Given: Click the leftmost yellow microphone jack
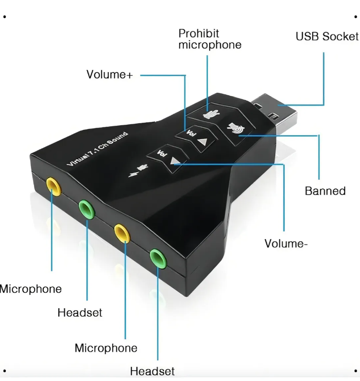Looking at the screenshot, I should [53, 186].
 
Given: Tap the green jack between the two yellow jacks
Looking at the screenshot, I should [86, 209].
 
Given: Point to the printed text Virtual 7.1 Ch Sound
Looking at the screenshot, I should [97, 149].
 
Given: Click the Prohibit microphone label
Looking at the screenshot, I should [210, 39].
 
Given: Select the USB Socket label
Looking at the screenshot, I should [327, 37].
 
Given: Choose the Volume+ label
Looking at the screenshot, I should [110, 75].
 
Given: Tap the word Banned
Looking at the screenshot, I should [325, 191].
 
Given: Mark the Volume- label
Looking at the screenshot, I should [286, 243].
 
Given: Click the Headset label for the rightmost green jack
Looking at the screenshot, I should [152, 371].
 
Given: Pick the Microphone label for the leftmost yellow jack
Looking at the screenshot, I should [31, 289].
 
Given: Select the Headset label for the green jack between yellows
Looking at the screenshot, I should [80, 313].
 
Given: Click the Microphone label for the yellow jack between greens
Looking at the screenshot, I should [106, 348].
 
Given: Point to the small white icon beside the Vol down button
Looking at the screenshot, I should [138, 169].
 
